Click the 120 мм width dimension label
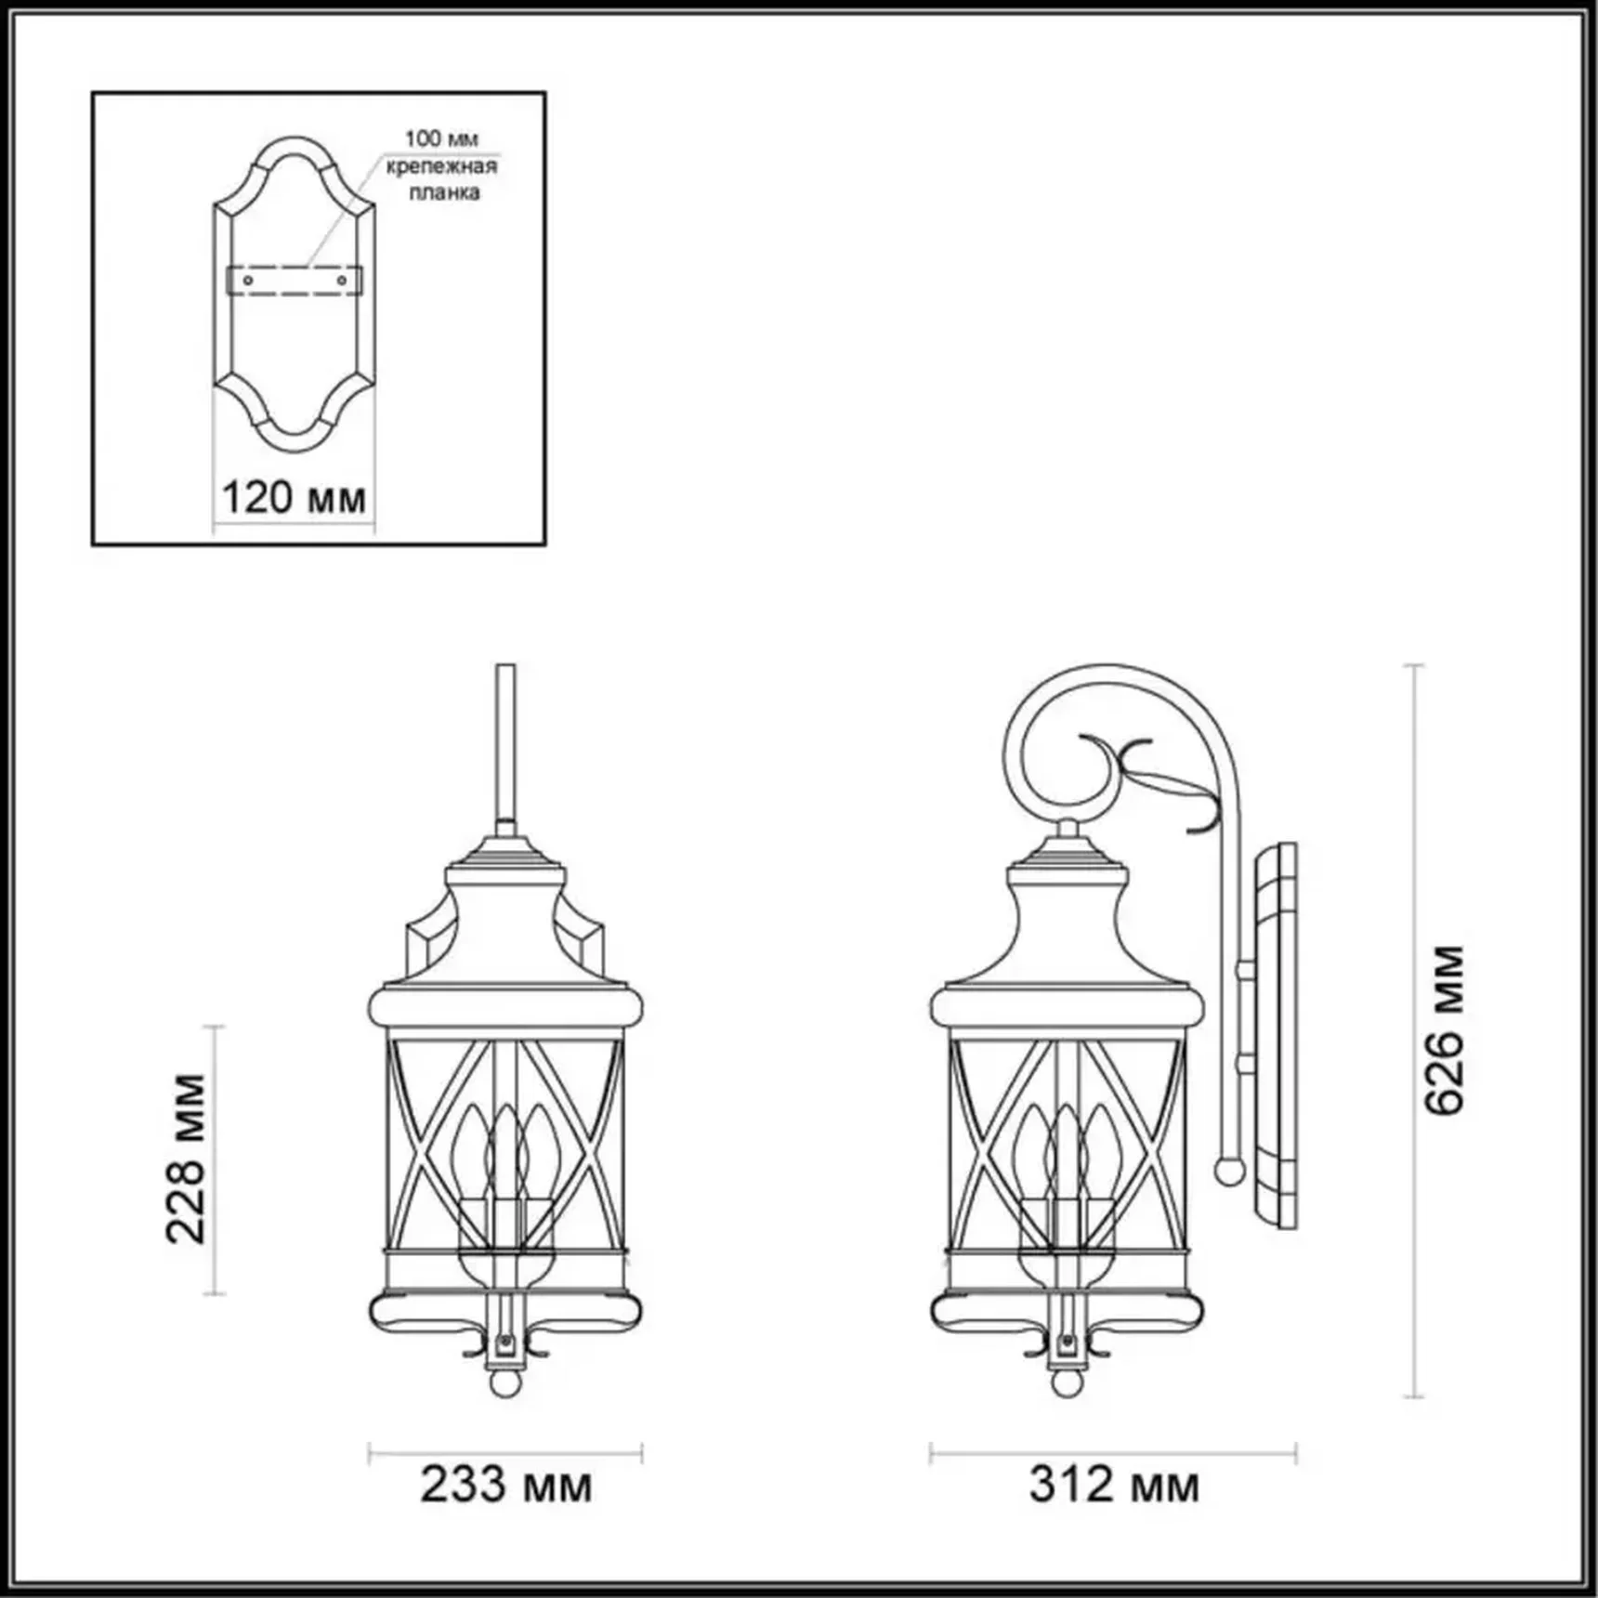(294, 499)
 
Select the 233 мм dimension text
(505, 1484)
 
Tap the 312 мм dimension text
(1114, 1484)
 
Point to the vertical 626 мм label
(1445, 1030)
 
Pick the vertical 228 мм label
(186, 1159)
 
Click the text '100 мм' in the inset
(441, 139)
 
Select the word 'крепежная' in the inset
(442, 166)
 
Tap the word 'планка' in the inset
(445, 192)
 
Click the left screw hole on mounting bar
(248, 280)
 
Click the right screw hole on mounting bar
(342, 280)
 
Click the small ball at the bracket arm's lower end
(1229, 1171)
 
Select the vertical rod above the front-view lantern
(505, 743)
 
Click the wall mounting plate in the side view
(1277, 1036)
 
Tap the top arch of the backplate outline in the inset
(295, 149)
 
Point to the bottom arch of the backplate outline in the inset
(295, 441)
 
